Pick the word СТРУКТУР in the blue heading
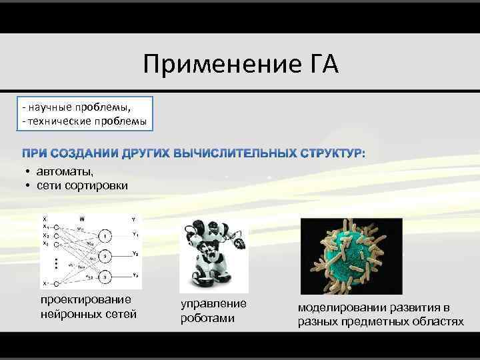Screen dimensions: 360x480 coord(331,155)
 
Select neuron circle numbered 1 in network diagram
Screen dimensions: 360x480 coord(105,236)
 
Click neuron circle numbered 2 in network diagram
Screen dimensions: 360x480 coord(105,256)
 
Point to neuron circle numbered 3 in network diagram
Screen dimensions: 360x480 coord(105,275)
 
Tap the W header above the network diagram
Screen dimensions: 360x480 coord(82,219)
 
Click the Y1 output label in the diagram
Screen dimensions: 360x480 coord(135,234)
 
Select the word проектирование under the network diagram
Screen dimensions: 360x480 coord(86,300)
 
